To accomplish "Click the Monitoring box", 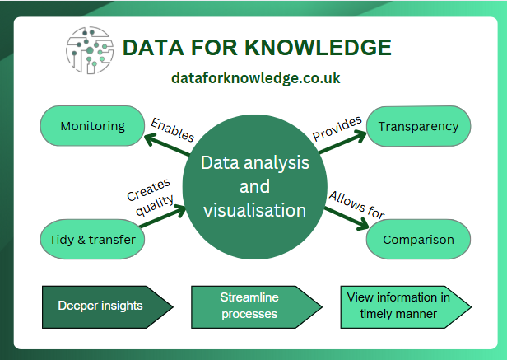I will click(91, 126).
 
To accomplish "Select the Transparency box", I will click(417, 126).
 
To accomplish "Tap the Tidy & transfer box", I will click(91, 240).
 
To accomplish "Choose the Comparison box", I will click(417, 240).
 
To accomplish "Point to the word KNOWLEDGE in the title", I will click(320, 48).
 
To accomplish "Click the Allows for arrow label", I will click(356, 204).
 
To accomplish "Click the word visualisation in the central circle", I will click(255, 210).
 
